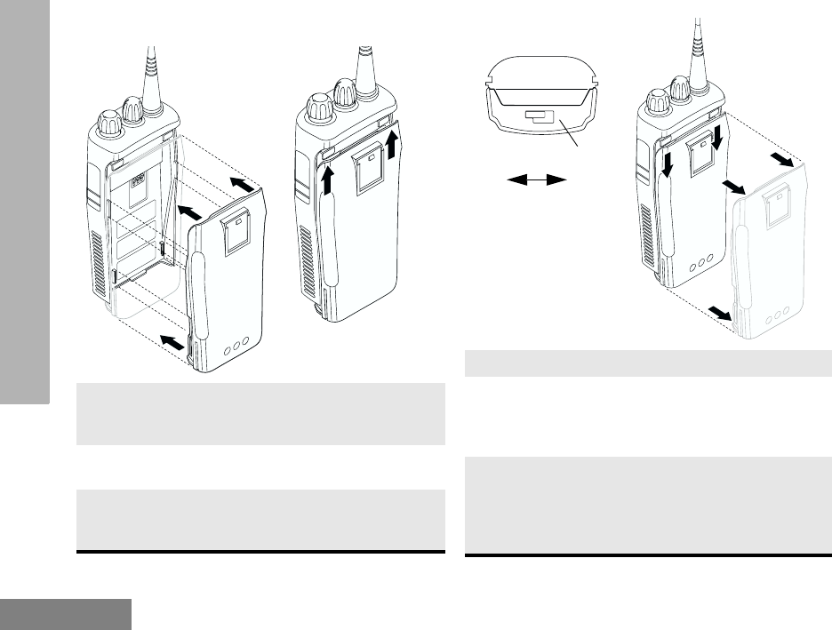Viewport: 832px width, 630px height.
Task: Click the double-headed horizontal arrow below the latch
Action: tap(537, 180)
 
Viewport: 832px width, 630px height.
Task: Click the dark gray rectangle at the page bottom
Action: tap(66, 614)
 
